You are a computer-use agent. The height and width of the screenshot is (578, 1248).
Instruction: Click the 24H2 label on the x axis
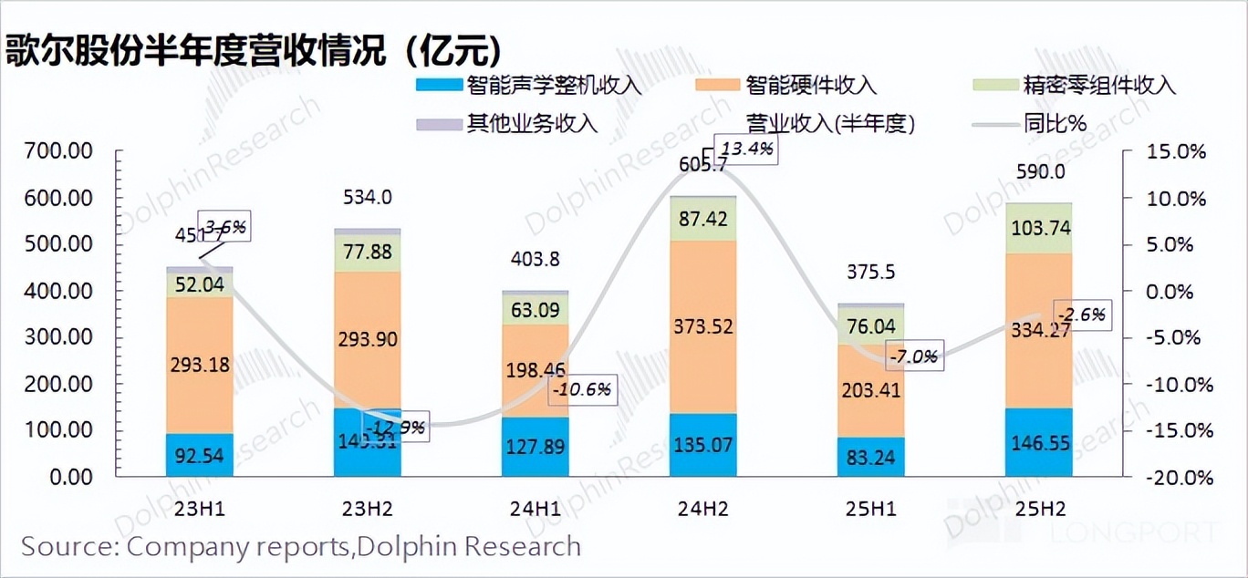702,509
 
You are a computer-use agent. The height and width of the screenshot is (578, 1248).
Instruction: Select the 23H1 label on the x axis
199,509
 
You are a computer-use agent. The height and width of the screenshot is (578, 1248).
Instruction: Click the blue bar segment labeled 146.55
1038,443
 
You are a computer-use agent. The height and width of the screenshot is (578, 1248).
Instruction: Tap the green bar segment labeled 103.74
1038,229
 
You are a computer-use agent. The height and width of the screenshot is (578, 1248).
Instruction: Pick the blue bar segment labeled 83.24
870,458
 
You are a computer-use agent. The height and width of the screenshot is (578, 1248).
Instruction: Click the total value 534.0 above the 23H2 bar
367,197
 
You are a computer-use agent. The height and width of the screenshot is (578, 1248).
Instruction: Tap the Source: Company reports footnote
301,546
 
